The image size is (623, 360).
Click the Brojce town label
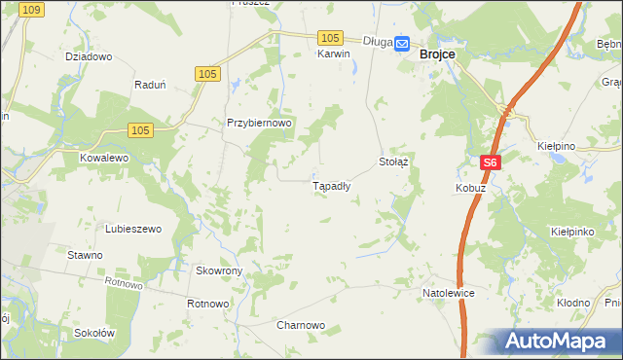pos(438,56)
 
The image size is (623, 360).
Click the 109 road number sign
pos(30,9)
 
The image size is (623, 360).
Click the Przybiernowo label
pos(260,124)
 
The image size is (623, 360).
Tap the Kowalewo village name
pos(104,157)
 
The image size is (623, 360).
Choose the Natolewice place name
pos(448,292)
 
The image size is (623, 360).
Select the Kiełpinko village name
pos(572,234)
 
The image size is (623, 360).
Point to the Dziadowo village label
pos(89,56)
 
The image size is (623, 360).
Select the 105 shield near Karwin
pos(330,37)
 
